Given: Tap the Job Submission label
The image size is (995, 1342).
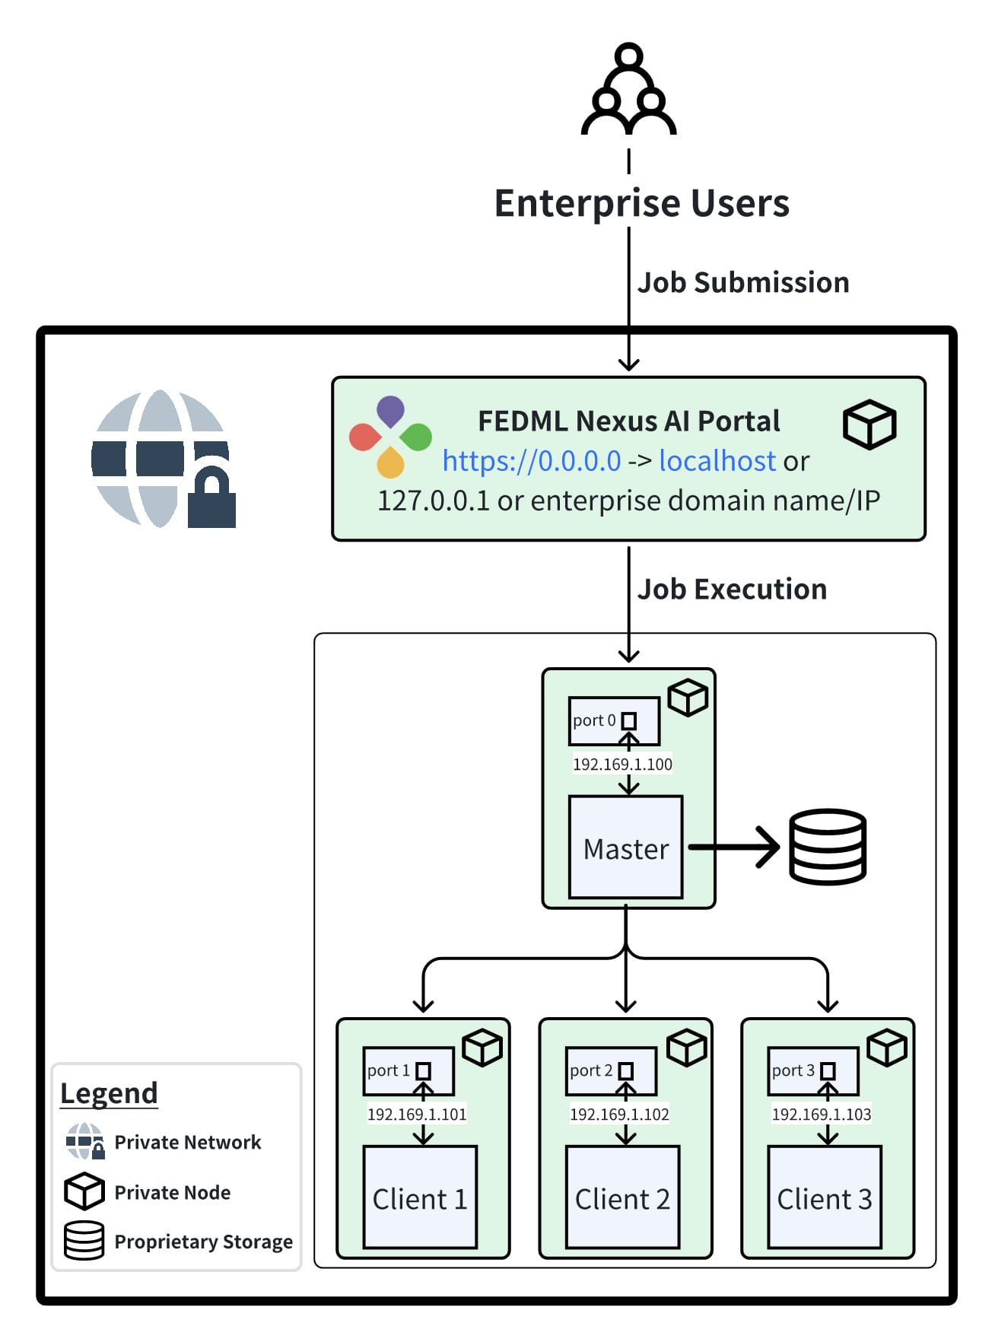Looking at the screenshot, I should coord(742,283).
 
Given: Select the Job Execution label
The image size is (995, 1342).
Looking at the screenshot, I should coord(732,590).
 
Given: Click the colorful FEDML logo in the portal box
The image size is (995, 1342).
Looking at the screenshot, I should coord(390,437).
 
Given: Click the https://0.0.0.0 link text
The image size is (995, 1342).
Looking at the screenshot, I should coord(532,461).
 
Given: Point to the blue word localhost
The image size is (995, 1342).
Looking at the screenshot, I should coord(717,461).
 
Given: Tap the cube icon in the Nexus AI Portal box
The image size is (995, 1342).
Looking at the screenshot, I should coord(869,425).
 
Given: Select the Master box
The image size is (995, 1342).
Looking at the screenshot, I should coord(625,847).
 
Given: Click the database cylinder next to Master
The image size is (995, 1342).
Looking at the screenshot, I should coord(828,847).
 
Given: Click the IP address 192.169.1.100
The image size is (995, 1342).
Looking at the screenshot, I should coord(622,765).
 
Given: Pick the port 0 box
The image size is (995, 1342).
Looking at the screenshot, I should coord(614,720).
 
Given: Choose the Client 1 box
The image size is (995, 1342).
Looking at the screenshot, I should coord(420,1197).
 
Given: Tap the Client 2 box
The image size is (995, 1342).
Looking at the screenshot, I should coord(622,1197).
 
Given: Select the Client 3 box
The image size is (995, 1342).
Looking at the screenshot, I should coord(825,1197).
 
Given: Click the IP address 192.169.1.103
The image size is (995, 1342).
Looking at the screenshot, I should coord(822,1115).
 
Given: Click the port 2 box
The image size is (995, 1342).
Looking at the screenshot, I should coord(611,1071).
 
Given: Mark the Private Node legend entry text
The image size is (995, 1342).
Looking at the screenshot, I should coord(173,1193).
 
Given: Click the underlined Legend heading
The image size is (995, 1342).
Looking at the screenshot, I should coord(109,1093).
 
